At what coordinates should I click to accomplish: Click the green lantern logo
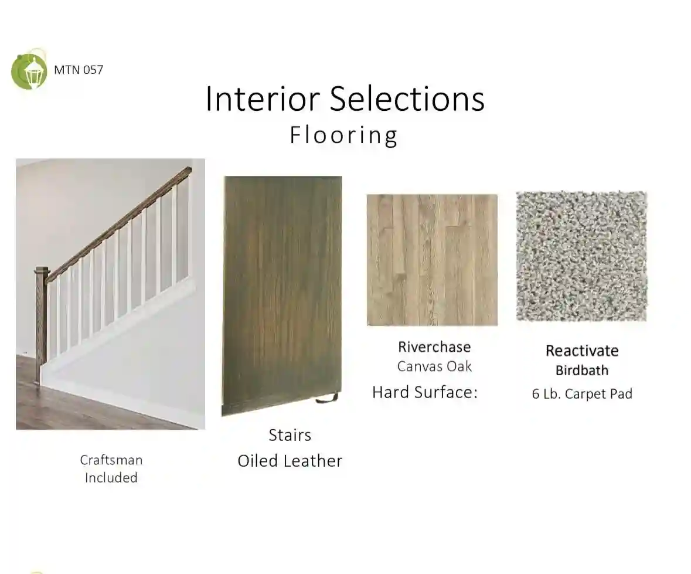29,70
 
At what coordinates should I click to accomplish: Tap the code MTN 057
79,70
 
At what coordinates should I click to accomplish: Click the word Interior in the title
263,99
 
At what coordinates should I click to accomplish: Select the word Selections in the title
407,99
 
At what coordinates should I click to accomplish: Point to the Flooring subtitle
343,135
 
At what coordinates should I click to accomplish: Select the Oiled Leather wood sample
282,296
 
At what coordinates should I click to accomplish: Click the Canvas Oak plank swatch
433,260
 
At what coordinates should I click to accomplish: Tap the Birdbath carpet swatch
582,256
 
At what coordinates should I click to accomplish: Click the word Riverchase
434,347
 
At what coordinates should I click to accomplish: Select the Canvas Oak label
434,366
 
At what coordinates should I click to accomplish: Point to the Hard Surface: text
425,392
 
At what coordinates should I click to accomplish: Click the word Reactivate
582,351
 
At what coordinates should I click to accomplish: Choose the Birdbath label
582,371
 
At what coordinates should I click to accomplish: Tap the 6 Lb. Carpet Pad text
582,393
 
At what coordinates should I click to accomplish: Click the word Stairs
290,435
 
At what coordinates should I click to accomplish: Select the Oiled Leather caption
290,461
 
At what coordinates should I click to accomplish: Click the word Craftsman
111,460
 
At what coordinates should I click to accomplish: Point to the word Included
111,477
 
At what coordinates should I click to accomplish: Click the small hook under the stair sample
327,399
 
